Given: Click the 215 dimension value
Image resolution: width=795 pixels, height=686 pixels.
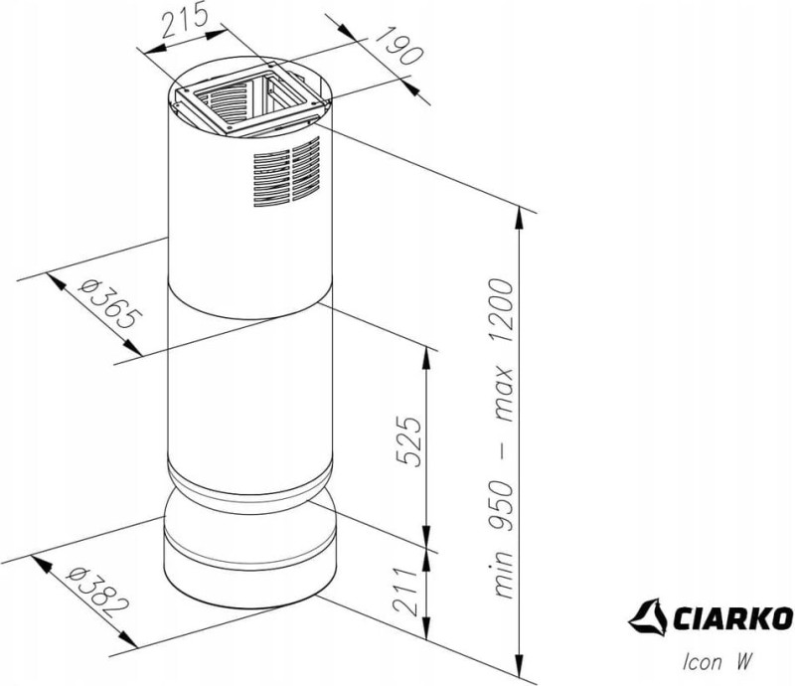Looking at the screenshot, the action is coord(185,19).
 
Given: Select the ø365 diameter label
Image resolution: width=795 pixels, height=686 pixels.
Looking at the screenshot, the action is coord(110,303).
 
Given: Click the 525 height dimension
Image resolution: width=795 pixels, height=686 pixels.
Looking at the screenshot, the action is coord(409,440).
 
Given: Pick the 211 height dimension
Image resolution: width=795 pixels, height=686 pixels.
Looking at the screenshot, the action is coord(405,592).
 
